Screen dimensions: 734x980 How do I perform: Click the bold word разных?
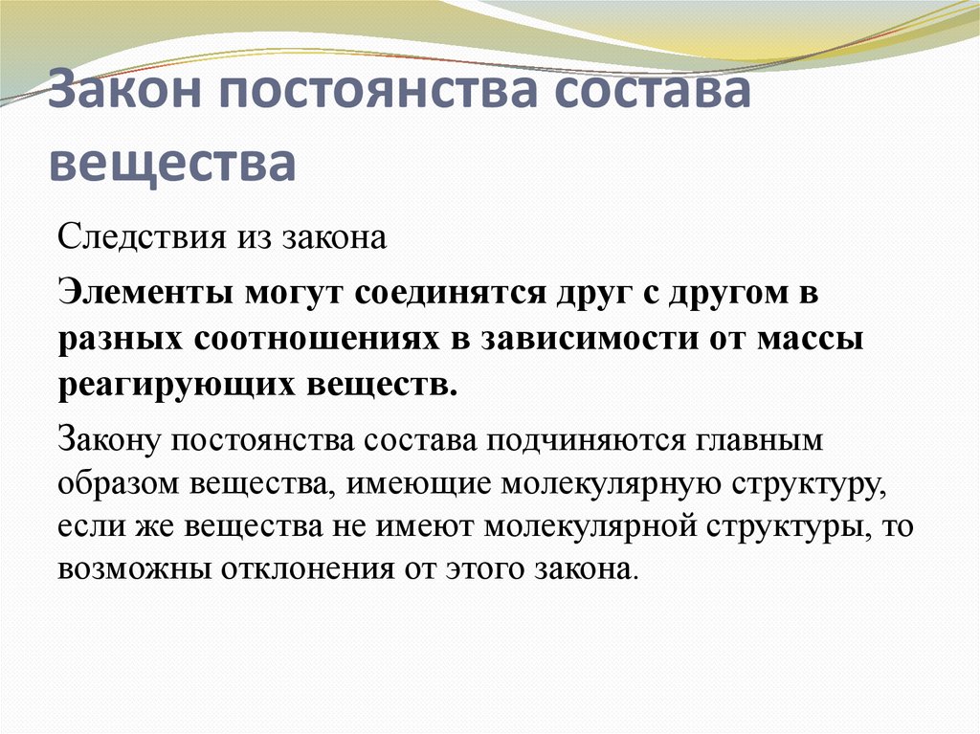click(x=122, y=341)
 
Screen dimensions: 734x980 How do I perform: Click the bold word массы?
click(x=813, y=341)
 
